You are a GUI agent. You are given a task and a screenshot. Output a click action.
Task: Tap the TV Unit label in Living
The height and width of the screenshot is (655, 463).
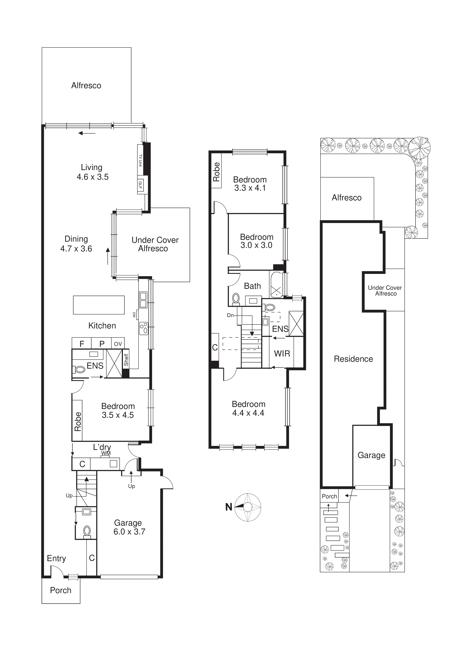click(140, 161)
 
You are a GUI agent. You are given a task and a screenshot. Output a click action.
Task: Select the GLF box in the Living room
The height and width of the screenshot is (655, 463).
click(140, 185)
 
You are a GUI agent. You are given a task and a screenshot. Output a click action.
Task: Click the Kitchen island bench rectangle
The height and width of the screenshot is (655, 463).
click(99, 305)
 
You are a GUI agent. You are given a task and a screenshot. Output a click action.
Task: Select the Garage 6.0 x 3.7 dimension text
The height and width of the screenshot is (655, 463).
click(129, 532)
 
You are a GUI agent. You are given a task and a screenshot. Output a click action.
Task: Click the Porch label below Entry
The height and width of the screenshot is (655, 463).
click(61, 590)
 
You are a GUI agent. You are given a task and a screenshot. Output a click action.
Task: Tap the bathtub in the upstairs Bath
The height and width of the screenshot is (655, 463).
click(276, 285)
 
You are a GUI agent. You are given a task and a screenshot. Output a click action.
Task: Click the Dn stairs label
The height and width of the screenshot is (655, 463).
click(230, 315)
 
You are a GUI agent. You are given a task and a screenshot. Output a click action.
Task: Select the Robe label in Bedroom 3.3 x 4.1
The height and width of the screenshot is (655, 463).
click(216, 172)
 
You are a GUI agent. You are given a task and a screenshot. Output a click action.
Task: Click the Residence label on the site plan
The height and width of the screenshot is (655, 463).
click(353, 359)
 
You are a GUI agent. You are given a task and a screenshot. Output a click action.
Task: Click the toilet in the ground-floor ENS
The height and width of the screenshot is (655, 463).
click(80, 370)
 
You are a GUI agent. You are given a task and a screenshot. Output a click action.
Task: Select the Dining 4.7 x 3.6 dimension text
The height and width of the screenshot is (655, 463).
click(76, 249)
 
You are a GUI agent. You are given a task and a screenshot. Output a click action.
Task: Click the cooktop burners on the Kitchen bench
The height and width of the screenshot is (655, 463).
click(144, 328)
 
